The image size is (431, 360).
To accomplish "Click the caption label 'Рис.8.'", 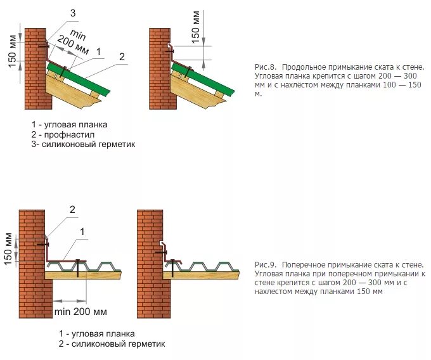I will point(264,67).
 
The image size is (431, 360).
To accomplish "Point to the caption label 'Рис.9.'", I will point(264,264).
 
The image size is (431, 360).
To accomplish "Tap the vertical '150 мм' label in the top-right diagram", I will point(196,25).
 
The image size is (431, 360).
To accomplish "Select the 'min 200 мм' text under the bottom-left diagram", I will point(80,312).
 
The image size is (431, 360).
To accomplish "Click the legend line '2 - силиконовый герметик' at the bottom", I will point(112,344).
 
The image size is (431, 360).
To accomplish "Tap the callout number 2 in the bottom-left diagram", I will point(72,210).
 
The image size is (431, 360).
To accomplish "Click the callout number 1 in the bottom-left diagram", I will point(81,233).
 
